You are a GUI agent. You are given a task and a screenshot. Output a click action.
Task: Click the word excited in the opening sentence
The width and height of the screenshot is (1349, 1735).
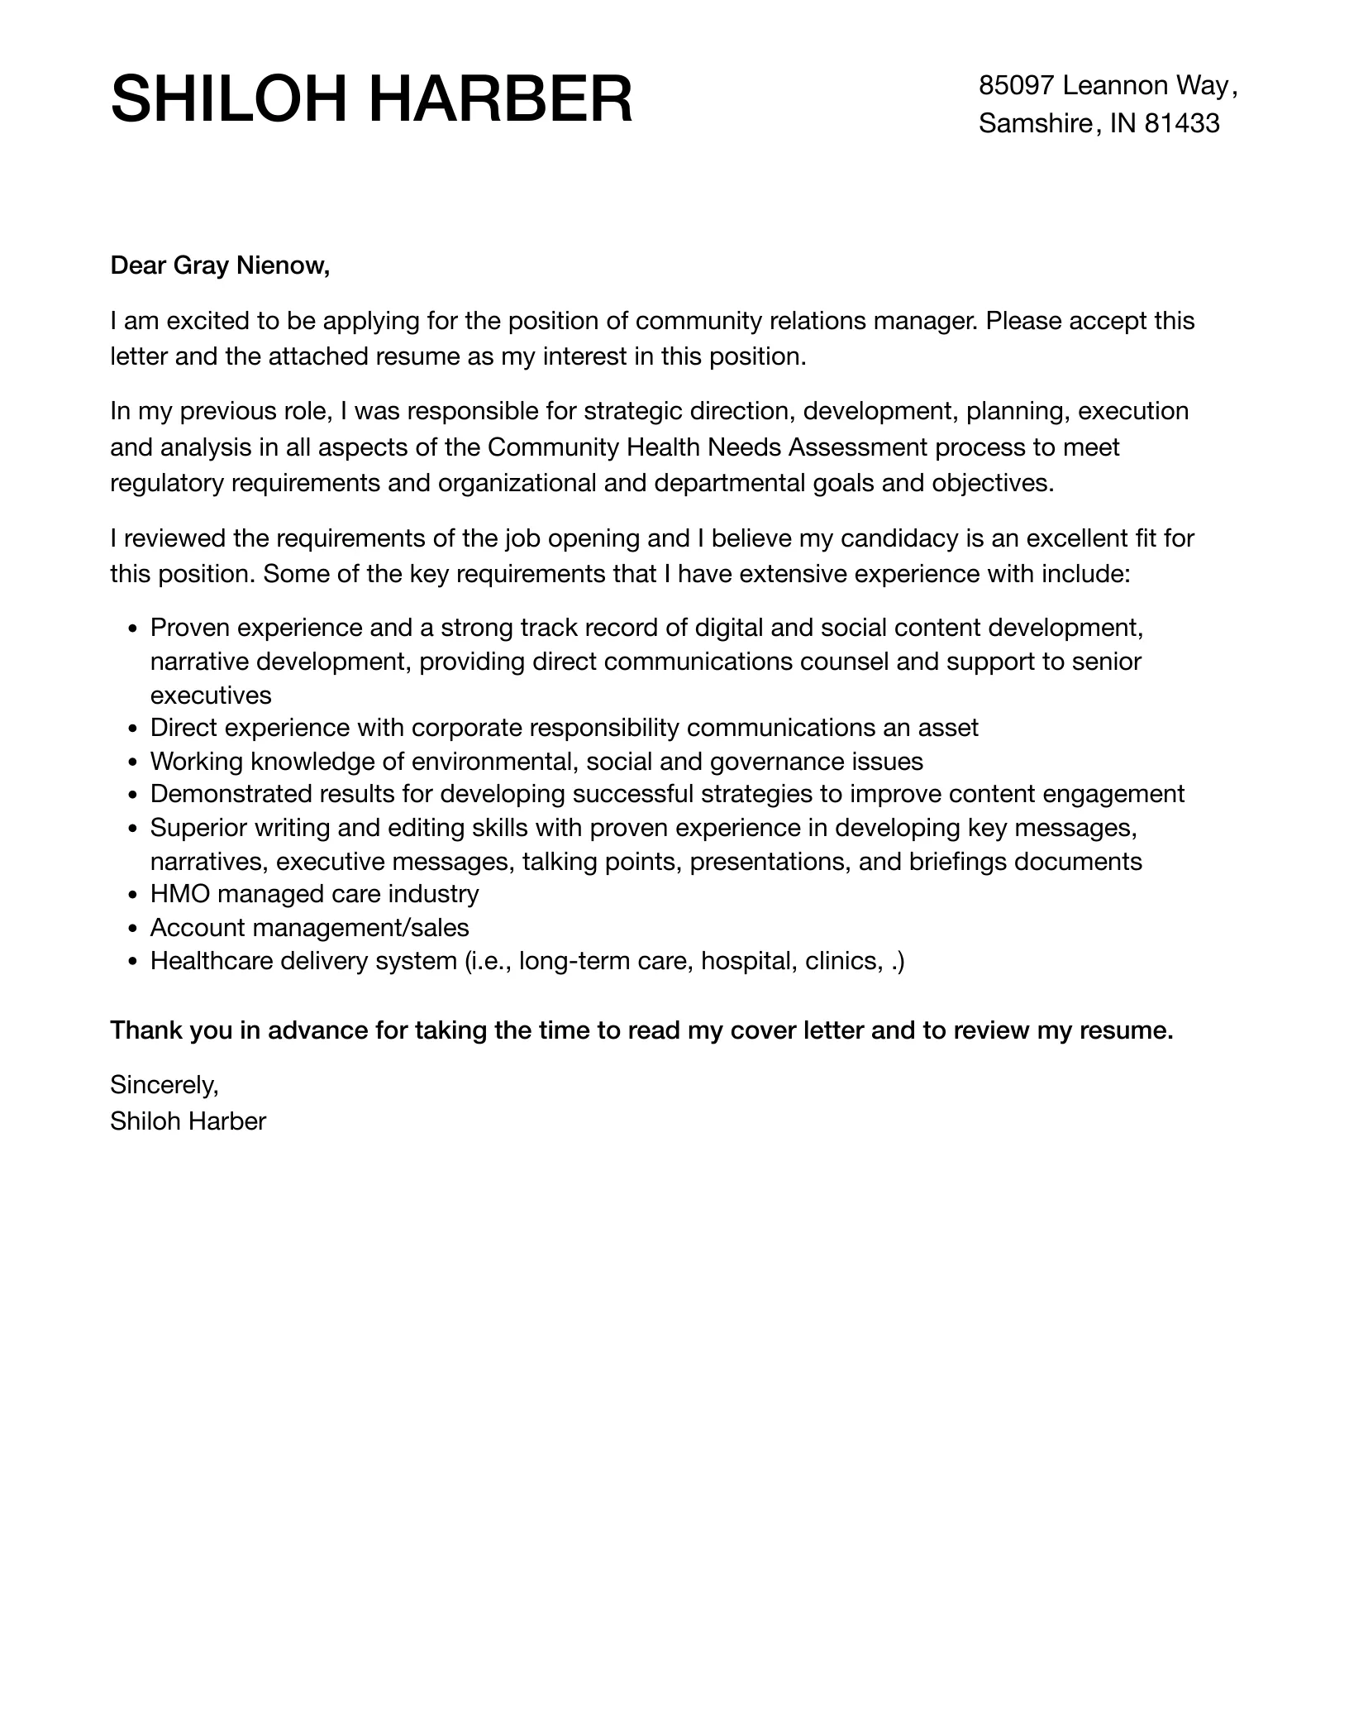coord(192,320)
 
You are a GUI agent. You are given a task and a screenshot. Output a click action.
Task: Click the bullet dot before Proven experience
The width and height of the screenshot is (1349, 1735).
coord(134,629)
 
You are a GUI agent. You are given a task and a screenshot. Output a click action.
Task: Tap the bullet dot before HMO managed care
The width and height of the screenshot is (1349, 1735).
coord(134,896)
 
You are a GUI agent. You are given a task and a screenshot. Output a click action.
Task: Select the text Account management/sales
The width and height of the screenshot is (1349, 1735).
coord(309,928)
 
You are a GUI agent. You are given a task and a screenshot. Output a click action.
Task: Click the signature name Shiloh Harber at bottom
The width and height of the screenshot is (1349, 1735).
coord(188,1121)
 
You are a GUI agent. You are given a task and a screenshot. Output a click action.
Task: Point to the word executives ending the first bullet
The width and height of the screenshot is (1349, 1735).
coord(211,695)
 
